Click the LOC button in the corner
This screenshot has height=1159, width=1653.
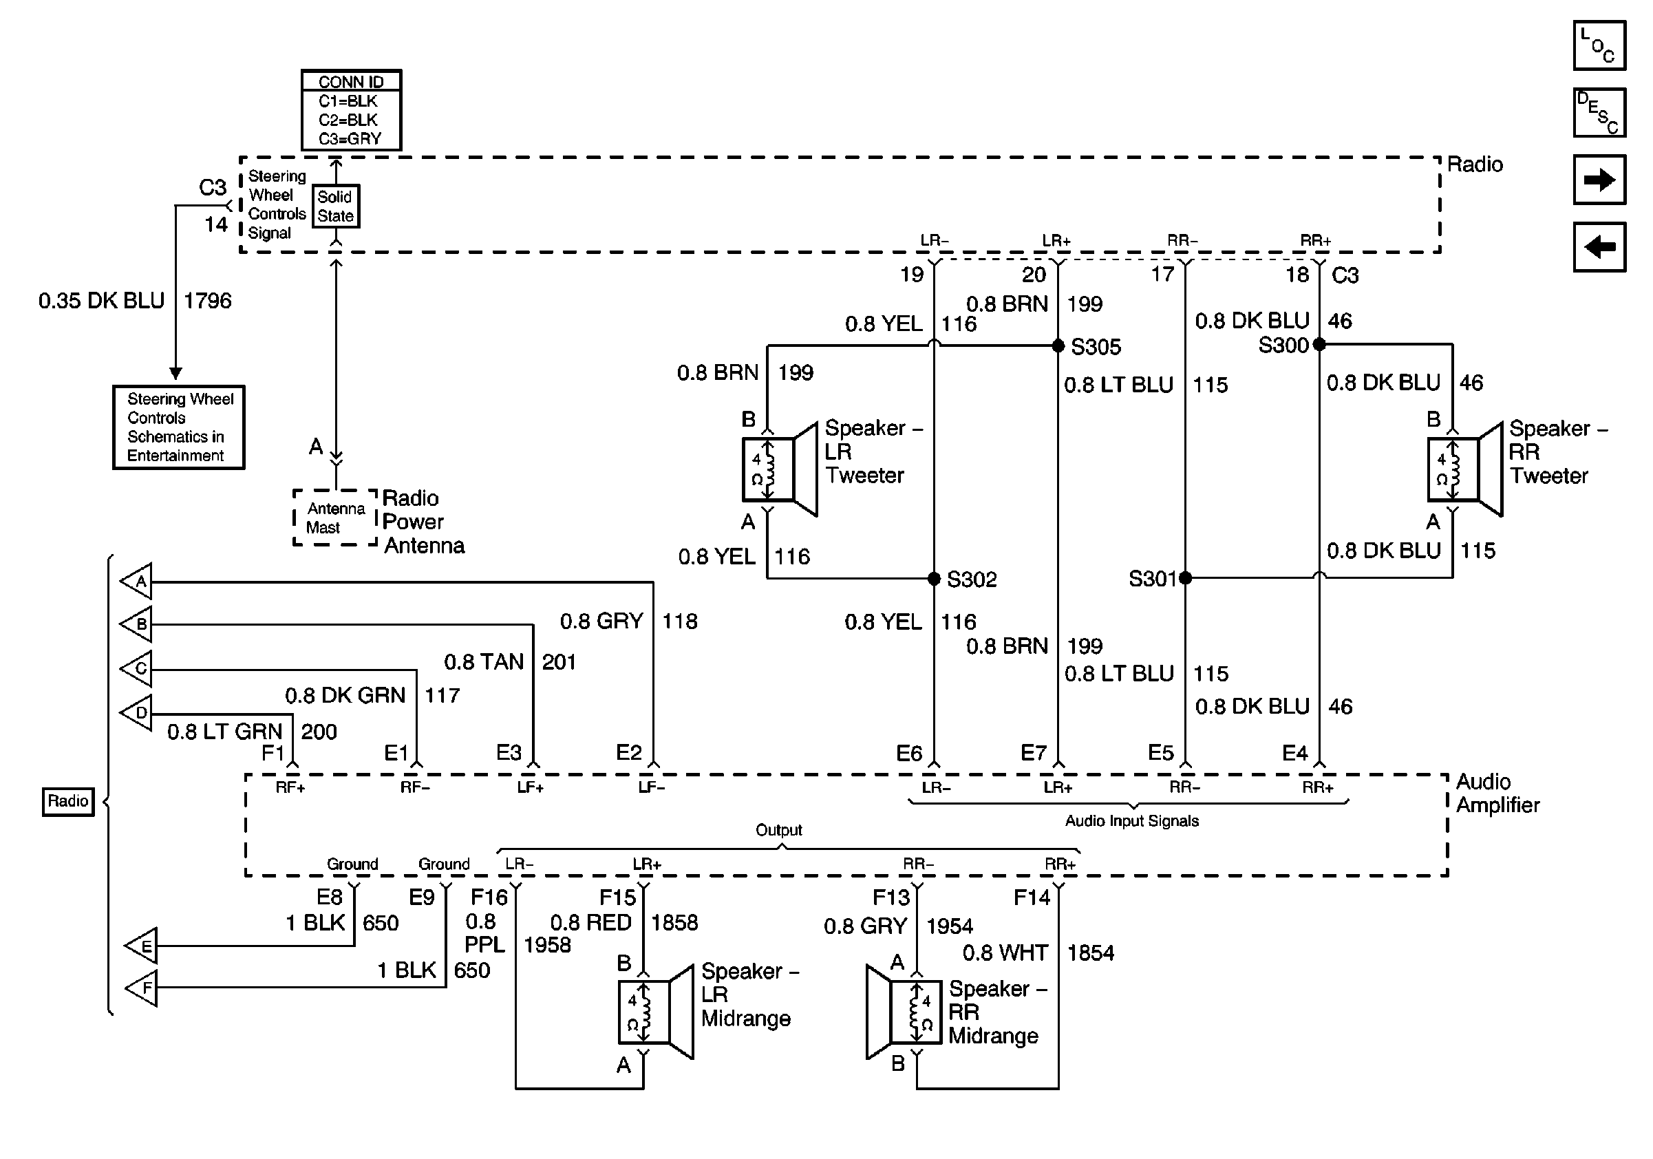[1599, 45]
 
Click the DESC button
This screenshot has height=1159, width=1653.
[1599, 112]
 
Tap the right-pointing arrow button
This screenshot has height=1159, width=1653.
[1599, 179]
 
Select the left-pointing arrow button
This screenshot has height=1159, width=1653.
[1599, 247]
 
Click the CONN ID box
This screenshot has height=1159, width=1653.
[352, 109]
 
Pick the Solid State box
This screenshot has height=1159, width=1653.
[336, 206]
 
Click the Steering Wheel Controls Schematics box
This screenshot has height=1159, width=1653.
[178, 427]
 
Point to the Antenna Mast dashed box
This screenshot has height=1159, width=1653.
[334, 518]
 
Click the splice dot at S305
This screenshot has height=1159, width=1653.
[1058, 346]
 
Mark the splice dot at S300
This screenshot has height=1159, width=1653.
[1319, 345]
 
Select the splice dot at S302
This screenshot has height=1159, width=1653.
[934, 578]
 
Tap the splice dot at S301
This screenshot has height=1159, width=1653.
[1185, 577]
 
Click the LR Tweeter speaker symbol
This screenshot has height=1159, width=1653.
[780, 469]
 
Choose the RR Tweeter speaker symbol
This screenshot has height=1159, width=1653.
[1466, 469]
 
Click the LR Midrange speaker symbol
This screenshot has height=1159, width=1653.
[656, 1012]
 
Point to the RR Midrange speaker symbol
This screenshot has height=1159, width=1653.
[904, 1012]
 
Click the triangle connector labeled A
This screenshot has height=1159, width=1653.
[136, 581]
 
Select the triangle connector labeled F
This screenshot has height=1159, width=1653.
[141, 987]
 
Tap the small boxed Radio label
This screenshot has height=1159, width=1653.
[67, 801]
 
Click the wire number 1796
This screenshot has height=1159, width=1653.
[207, 300]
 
